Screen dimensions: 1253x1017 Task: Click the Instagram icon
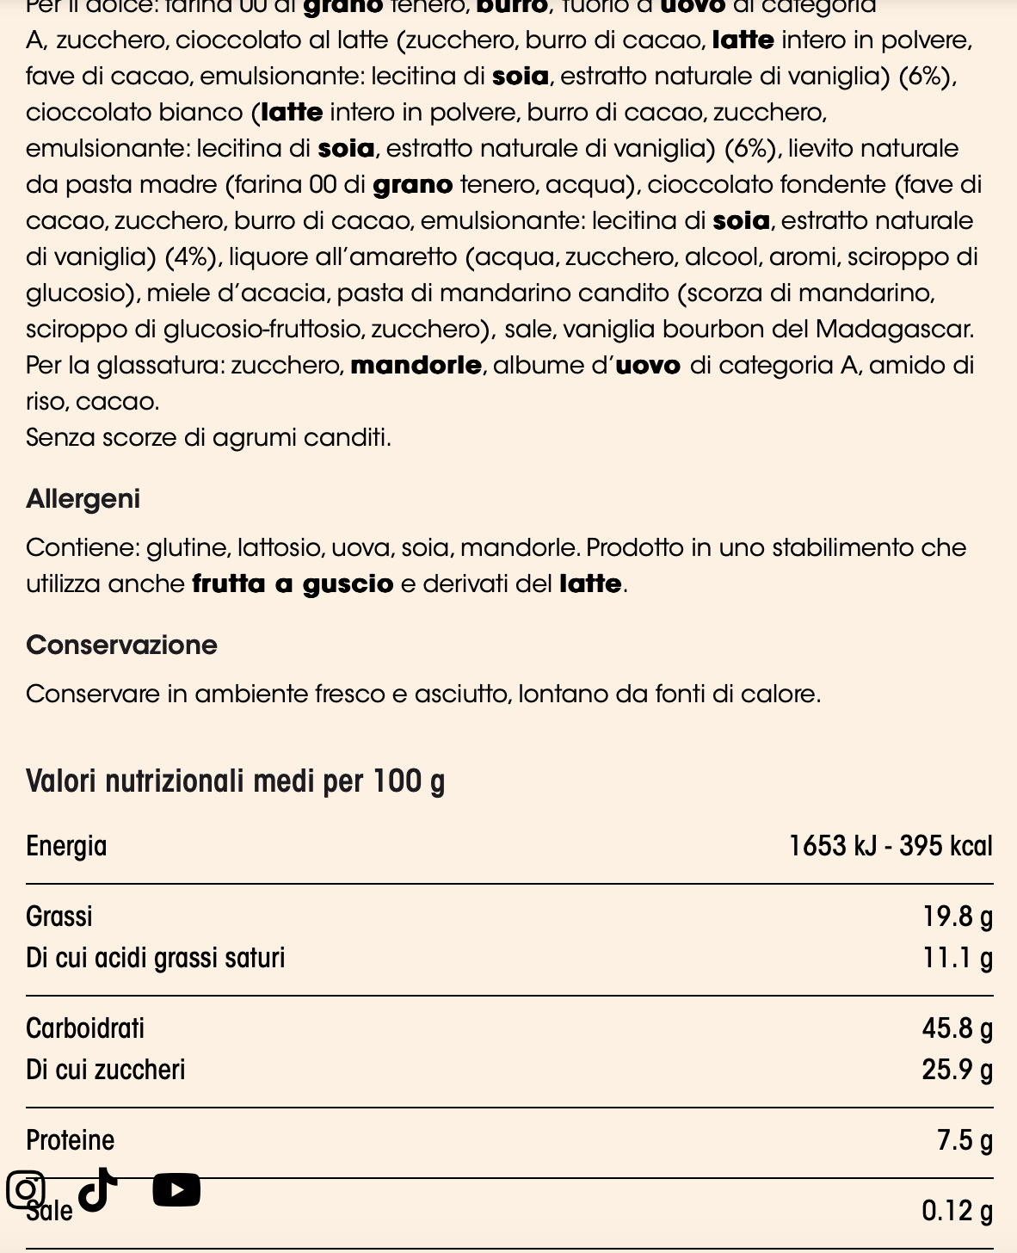26,1190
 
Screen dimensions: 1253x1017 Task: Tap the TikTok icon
98,1189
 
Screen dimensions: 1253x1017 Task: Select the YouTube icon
176,1190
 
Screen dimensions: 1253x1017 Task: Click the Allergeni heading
83,499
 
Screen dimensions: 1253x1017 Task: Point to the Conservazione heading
121,645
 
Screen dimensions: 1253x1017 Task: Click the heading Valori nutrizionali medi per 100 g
235,781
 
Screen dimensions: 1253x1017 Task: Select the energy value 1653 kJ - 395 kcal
891,846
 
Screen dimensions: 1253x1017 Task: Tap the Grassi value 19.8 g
958,917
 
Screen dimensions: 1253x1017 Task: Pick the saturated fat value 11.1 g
958,958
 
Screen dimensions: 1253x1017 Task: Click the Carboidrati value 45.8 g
957,1028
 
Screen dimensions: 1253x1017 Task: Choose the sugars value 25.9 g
957,1070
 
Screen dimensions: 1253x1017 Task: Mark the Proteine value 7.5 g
965,1140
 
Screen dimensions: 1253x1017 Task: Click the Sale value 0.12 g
957,1211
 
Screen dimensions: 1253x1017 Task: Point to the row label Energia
66,846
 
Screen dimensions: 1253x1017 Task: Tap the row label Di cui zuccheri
106,1070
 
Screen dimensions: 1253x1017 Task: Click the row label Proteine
70,1140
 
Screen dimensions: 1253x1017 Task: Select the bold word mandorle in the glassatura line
416,366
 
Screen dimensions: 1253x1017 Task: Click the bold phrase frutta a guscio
293,584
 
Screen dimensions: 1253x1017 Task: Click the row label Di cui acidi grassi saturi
155,958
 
